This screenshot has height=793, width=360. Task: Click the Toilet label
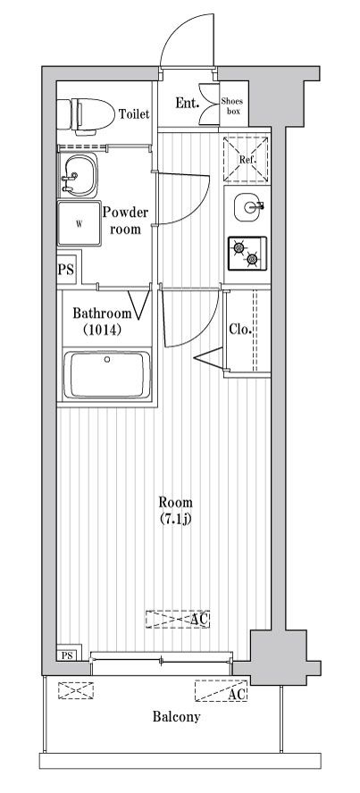click(x=134, y=114)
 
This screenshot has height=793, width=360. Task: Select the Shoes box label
click(x=232, y=106)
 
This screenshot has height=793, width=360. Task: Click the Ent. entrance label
click(x=186, y=104)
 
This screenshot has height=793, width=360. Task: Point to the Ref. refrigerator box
click(x=246, y=159)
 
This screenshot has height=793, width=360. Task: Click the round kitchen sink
click(x=247, y=207)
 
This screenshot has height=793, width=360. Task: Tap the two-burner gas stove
click(x=247, y=254)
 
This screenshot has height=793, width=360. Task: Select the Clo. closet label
click(x=240, y=330)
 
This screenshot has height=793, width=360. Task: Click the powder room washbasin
click(x=78, y=174)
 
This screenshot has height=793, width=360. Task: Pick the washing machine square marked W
click(x=79, y=223)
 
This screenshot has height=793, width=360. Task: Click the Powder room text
click(x=125, y=221)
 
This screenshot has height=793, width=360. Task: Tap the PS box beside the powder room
click(x=66, y=269)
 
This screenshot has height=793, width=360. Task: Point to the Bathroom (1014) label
click(x=102, y=321)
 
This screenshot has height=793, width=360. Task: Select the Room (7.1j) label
click(x=175, y=511)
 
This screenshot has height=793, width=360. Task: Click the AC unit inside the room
click(x=178, y=619)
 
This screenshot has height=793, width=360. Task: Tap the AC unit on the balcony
click(x=222, y=690)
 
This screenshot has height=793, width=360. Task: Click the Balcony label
click(x=177, y=716)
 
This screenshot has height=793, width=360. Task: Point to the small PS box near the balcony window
click(x=67, y=655)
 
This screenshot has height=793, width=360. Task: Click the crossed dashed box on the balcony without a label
click(x=76, y=690)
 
